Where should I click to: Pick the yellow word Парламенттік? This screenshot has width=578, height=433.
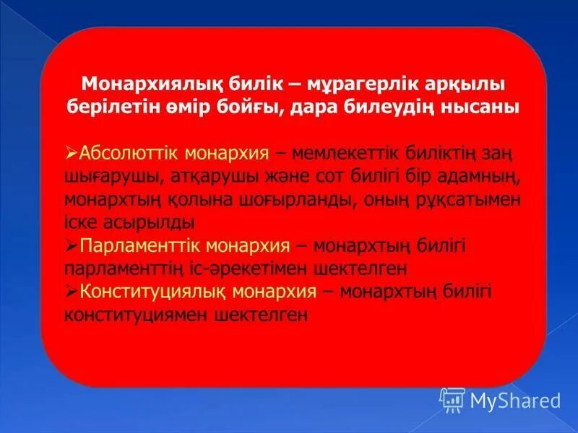[x=141, y=246]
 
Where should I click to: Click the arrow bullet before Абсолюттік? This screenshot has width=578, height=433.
[x=71, y=154]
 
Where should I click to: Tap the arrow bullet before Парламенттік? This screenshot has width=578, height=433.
[x=71, y=246]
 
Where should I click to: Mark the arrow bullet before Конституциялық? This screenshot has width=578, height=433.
[x=71, y=292]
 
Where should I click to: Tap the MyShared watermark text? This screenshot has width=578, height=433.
[x=515, y=400]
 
